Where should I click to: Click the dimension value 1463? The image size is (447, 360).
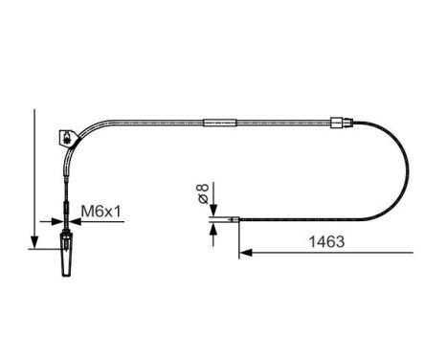[x=326, y=241]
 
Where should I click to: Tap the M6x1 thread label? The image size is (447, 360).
[x=101, y=212]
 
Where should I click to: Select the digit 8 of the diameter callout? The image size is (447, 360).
[x=203, y=187]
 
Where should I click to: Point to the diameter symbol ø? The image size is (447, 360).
[x=203, y=198]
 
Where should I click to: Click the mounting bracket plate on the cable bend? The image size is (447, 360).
[x=67, y=138]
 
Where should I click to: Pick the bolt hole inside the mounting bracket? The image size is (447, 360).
[x=67, y=138]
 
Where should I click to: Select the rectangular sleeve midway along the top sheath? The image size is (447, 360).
[x=220, y=123]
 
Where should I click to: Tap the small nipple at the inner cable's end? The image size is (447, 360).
[x=235, y=219]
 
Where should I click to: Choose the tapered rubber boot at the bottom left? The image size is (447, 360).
[x=66, y=256]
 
